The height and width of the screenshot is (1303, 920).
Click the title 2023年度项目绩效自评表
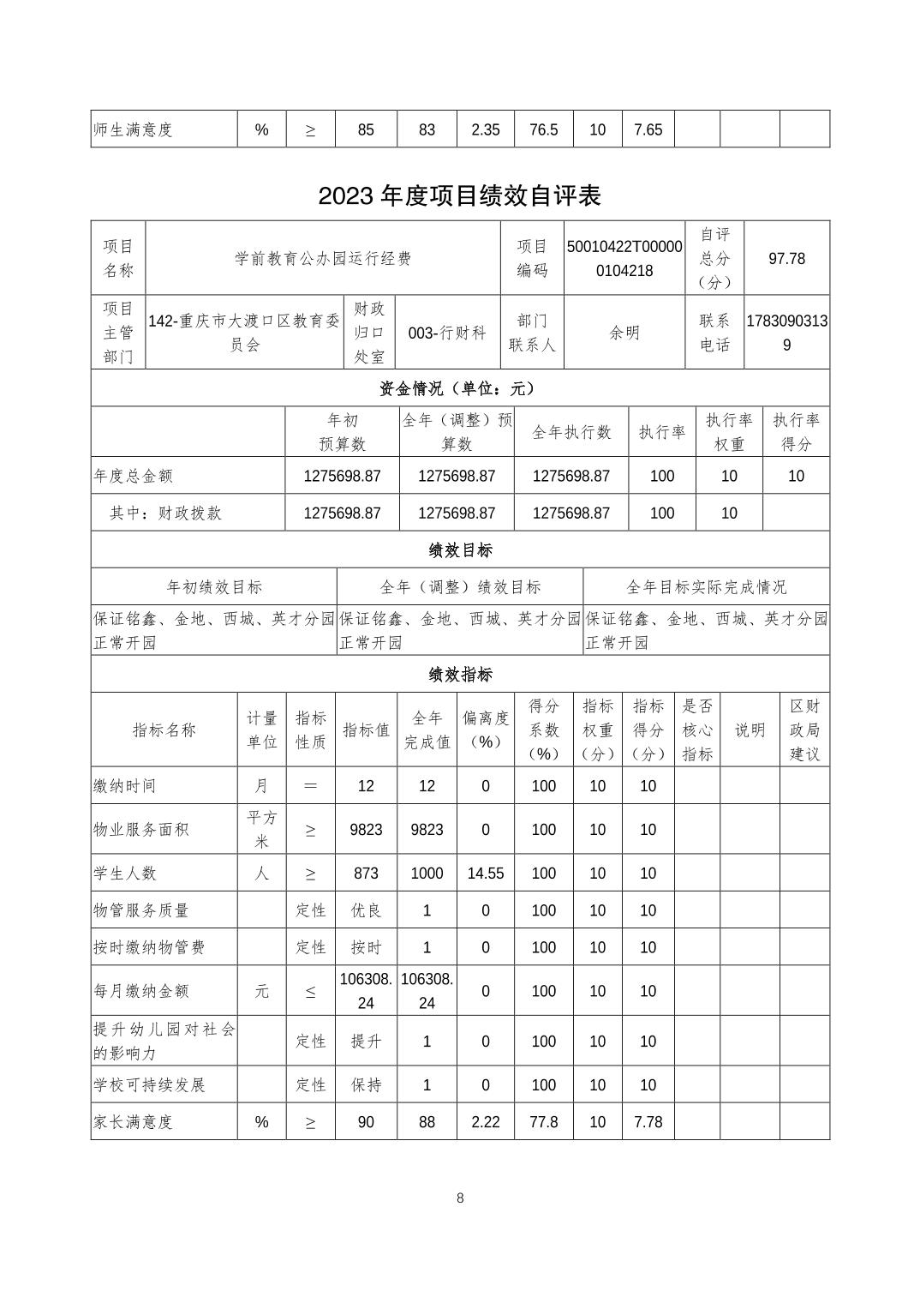[459, 195]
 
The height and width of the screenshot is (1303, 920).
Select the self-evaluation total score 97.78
[786, 258]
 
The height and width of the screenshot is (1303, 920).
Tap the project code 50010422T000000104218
[624, 258]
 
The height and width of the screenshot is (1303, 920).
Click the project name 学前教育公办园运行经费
[323, 258]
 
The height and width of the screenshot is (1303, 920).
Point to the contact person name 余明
[624, 333]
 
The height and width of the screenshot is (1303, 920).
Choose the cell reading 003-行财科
[447, 333]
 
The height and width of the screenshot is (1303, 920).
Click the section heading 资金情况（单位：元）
[459, 388]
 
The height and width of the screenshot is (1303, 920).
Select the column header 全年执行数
[571, 432]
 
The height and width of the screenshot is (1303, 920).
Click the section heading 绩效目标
[459, 549]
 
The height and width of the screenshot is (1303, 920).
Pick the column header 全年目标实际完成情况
[706, 586]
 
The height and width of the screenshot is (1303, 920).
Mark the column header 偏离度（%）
[485, 730]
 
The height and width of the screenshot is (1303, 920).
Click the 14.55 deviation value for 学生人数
[485, 873]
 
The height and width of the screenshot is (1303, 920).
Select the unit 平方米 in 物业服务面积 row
[261, 829]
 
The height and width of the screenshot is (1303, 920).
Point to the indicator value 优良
[366, 910]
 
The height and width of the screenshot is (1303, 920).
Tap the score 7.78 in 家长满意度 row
[648, 1121]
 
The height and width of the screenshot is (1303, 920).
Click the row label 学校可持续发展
[150, 1084]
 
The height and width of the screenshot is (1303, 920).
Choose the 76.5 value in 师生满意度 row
[543, 129]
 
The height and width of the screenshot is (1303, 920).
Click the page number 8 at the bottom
[460, 1198]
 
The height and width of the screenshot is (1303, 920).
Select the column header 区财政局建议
[804, 730]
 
